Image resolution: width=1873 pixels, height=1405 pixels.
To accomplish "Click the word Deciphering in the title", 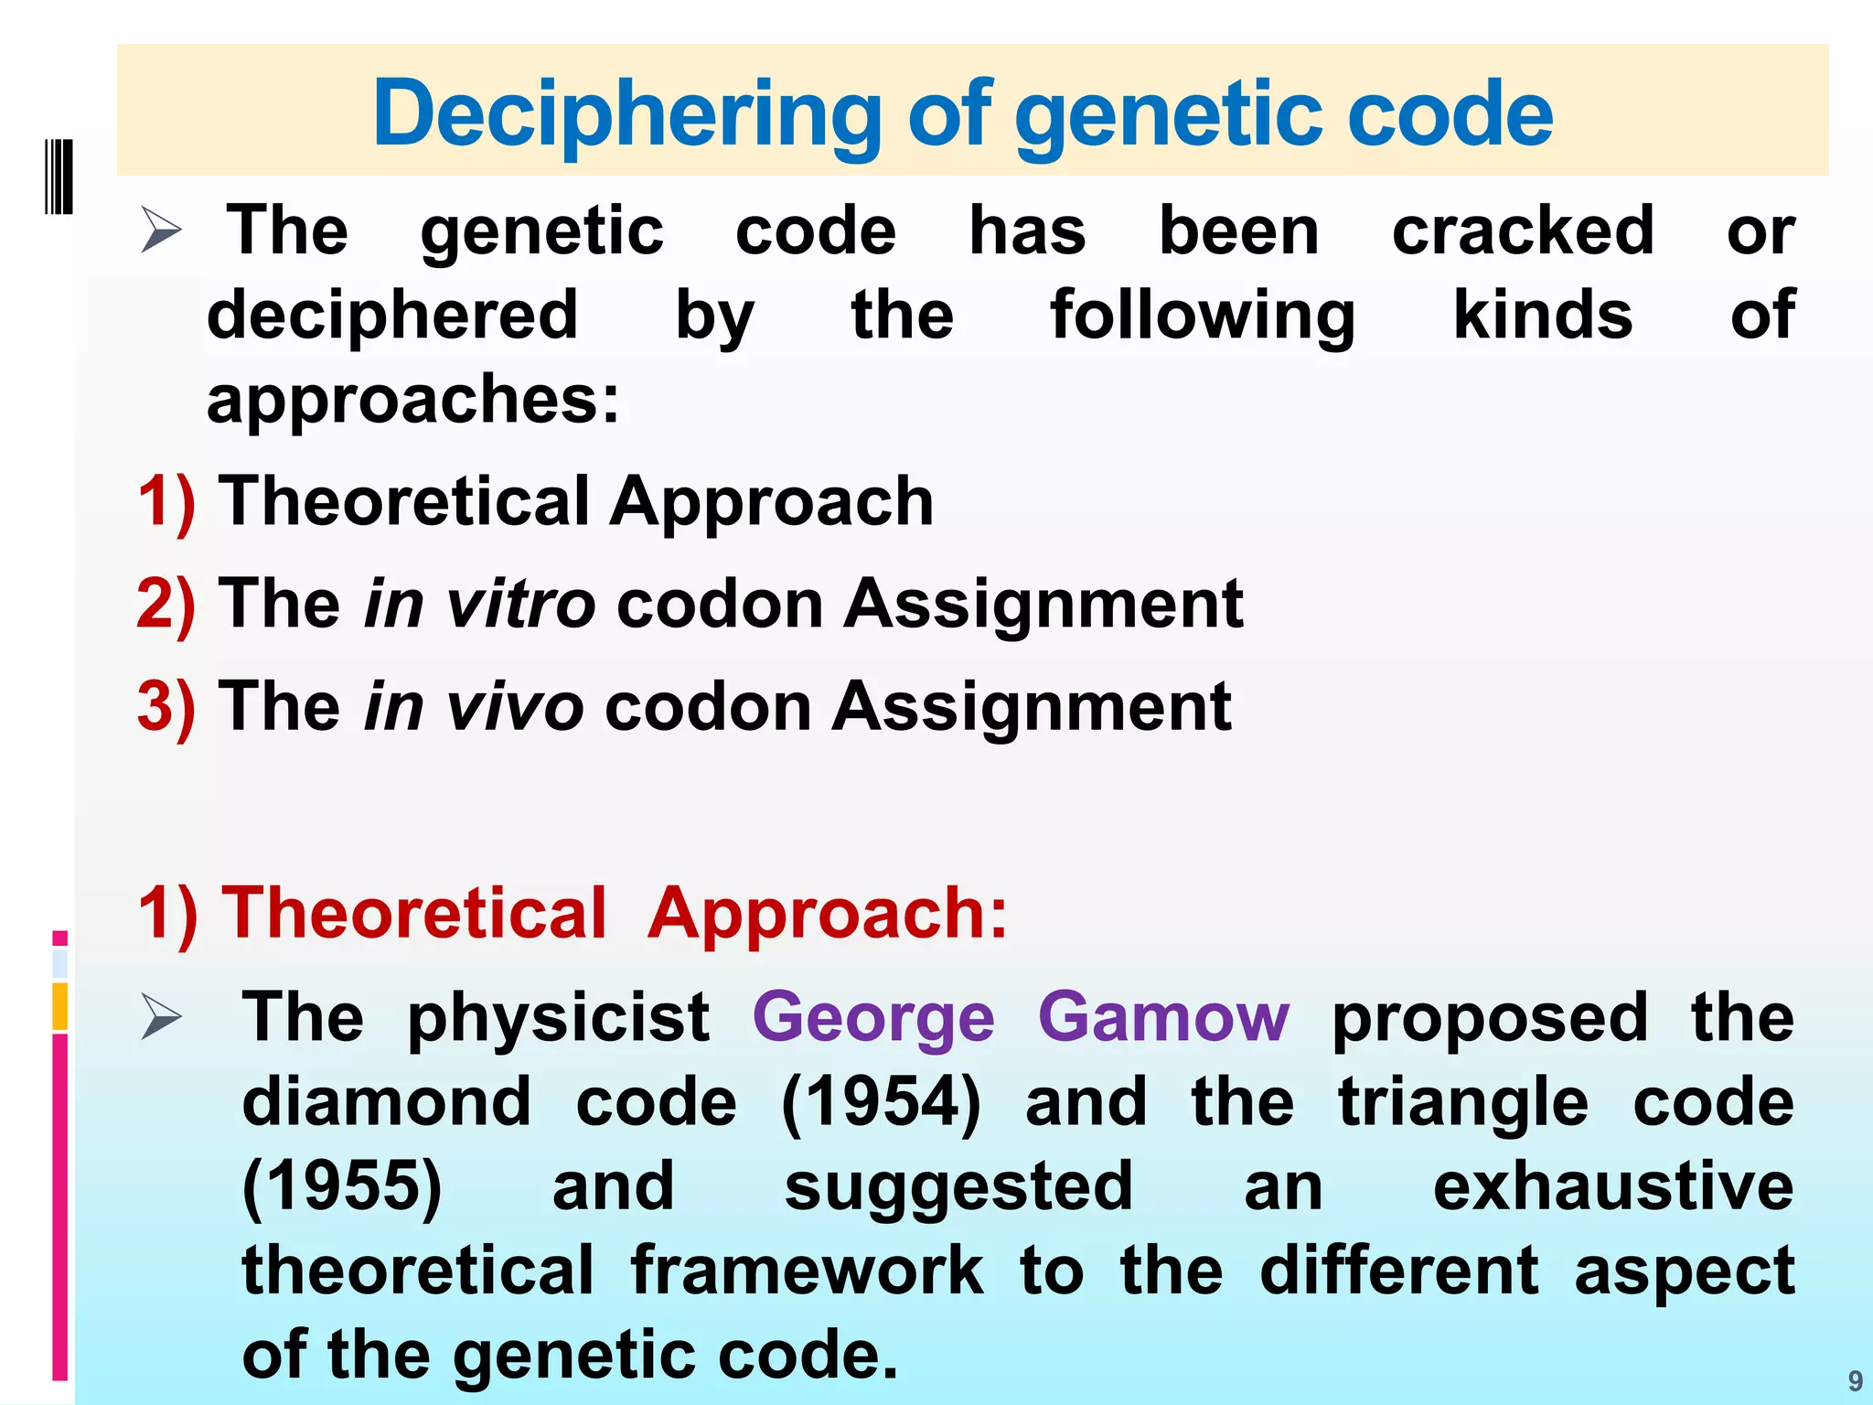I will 626,114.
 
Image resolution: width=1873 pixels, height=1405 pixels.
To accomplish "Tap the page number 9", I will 1855,1380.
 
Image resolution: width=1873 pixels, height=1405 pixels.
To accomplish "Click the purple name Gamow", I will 1163,1017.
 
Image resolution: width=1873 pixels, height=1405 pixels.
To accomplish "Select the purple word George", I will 873,1017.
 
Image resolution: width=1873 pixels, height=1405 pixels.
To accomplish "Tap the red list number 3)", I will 166,706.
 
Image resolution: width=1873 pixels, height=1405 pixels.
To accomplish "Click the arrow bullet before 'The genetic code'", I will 162,230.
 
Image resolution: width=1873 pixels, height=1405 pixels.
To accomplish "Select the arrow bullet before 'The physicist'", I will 162,1018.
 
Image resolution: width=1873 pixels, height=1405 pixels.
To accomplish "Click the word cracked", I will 1523,230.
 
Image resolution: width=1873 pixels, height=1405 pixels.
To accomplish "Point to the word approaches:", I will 413,400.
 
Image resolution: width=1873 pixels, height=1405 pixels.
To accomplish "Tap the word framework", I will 807,1271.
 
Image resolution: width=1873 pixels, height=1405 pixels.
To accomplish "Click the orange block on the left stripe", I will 60,1006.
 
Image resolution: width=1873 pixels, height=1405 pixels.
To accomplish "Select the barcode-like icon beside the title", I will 59,177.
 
